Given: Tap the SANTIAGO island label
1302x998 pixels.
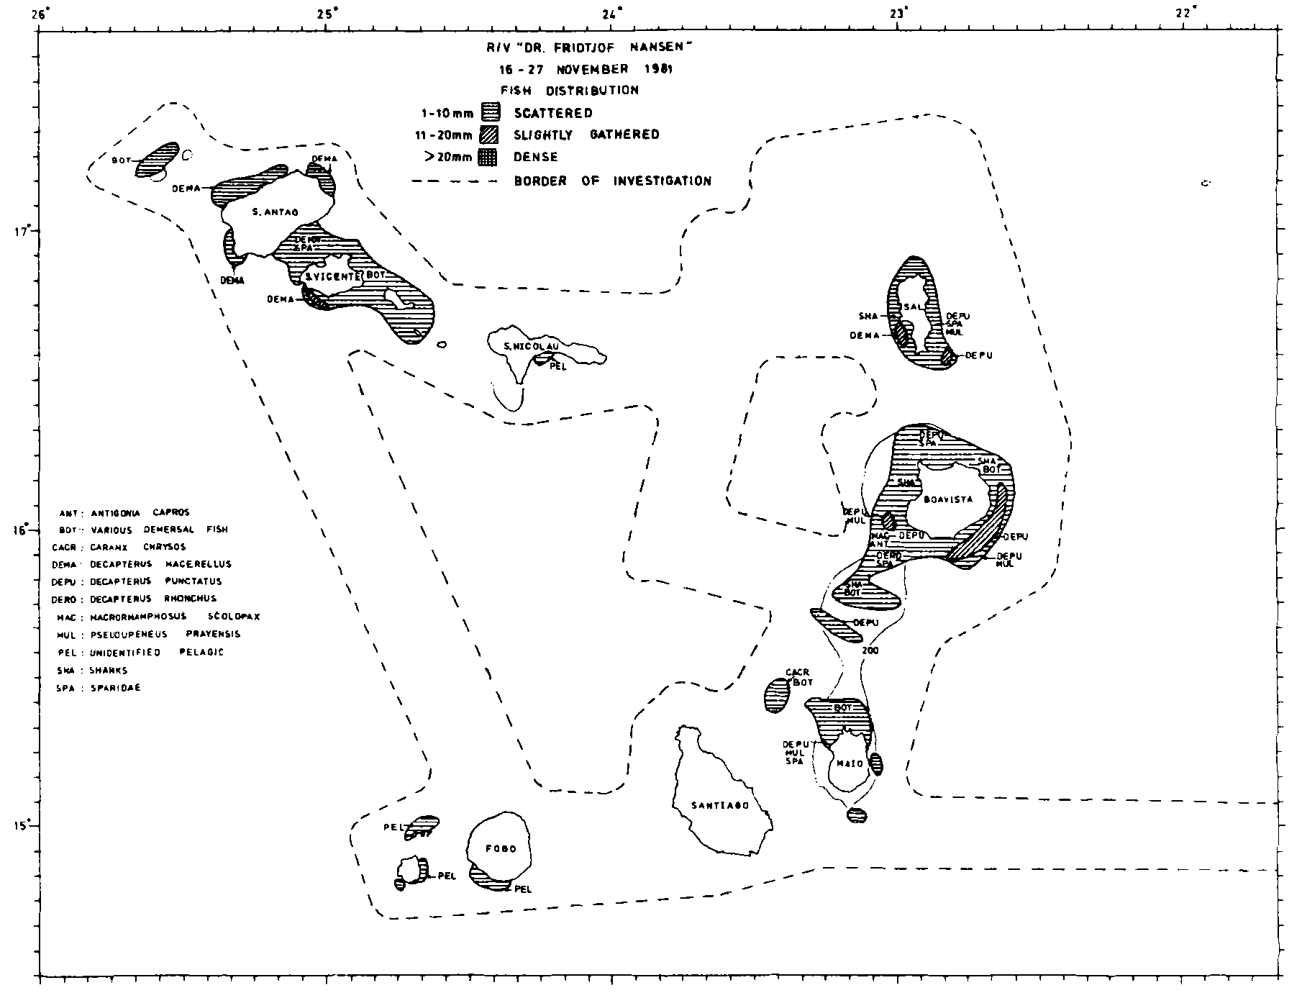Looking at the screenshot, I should (x=720, y=806).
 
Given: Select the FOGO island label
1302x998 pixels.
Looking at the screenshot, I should (x=501, y=849).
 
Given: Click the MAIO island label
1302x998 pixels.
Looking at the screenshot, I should (x=850, y=763).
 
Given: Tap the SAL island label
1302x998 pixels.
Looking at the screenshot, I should (x=912, y=307).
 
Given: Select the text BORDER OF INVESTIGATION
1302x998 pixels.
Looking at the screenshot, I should (x=612, y=181).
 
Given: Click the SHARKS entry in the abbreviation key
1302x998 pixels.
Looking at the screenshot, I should (x=109, y=671).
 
